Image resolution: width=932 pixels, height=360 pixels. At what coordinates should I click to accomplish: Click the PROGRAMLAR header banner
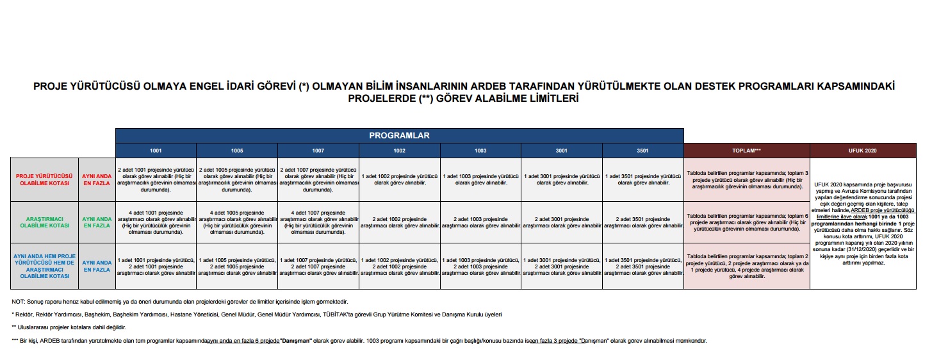[399, 136]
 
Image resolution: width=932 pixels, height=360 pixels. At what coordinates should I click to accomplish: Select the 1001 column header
[156, 151]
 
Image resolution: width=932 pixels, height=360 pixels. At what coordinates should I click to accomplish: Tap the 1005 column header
[237, 151]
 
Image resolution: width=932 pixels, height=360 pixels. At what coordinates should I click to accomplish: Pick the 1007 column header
[318, 151]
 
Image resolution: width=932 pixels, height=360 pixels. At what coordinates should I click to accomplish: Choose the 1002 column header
[400, 151]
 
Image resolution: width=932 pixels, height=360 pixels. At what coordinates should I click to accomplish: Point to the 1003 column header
[480, 151]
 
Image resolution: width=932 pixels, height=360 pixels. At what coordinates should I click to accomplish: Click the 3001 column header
[562, 151]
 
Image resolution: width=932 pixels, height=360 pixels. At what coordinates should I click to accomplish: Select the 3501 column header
[643, 151]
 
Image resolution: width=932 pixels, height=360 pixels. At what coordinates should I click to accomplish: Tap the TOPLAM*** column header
[747, 151]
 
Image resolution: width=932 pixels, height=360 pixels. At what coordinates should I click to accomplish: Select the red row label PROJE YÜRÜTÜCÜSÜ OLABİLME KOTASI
[45, 179]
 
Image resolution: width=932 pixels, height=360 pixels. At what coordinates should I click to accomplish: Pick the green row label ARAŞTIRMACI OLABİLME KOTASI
[45, 222]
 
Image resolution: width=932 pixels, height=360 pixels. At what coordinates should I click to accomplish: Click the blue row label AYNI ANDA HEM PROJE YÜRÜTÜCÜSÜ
[45, 266]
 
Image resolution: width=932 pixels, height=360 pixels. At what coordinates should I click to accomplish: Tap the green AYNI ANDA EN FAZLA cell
[97, 222]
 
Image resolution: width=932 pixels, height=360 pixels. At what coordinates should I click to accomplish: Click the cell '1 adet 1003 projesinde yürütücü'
[480, 179]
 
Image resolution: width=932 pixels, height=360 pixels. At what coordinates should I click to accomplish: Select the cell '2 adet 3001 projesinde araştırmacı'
[562, 222]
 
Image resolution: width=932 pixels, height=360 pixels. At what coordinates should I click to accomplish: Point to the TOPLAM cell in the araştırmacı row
[747, 222]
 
